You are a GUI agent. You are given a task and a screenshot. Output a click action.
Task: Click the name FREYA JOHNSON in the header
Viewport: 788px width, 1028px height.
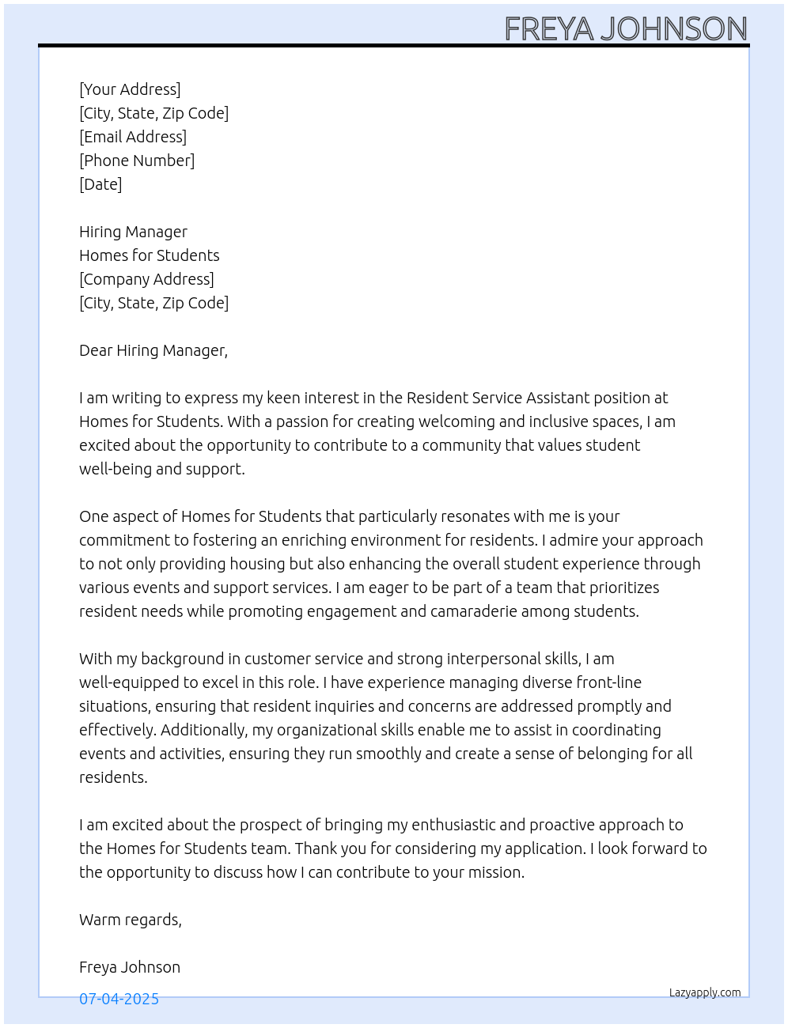pos(625,29)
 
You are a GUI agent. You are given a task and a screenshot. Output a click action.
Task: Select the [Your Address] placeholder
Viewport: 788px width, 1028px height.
pos(130,89)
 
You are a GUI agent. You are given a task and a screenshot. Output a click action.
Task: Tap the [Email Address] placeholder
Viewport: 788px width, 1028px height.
pos(133,137)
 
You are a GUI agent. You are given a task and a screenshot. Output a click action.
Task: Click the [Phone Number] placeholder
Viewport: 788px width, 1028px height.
pos(137,161)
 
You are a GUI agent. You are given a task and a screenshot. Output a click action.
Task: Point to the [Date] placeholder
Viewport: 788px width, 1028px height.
pos(100,184)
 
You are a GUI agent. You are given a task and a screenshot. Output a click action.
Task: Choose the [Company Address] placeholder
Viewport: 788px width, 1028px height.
pos(146,279)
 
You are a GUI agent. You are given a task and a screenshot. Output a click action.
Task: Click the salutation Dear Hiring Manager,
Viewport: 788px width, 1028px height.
pos(153,350)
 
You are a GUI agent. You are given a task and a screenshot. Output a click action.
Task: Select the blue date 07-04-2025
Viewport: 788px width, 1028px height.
pos(119,999)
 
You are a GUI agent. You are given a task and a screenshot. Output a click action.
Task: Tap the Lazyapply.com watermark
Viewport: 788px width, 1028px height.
pos(705,992)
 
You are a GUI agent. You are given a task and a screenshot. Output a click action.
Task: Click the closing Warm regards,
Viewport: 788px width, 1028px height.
pos(131,920)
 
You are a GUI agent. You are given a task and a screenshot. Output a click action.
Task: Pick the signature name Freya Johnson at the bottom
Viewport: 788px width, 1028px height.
pos(130,967)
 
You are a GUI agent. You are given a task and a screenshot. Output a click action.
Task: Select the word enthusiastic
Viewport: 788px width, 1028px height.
pos(453,825)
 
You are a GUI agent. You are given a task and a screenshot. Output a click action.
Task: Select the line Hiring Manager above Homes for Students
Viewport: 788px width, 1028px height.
pos(133,232)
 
